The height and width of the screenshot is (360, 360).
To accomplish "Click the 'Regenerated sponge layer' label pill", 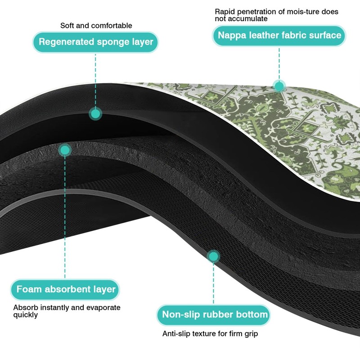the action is click(95, 42).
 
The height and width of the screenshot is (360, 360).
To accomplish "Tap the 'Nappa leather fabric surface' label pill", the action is click(279, 36).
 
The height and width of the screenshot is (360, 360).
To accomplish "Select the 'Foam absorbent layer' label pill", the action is click(65, 289).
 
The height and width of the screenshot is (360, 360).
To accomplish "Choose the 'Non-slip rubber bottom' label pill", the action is click(213, 315).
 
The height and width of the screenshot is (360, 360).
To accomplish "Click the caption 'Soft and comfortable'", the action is click(96, 26).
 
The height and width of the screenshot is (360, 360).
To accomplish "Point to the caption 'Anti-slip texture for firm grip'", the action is click(210, 333).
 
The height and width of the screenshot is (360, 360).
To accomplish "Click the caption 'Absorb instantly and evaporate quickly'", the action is click(67, 311).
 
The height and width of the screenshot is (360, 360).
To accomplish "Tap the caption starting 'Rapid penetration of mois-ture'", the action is click(276, 15).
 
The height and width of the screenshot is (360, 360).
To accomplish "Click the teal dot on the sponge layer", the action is click(95, 114).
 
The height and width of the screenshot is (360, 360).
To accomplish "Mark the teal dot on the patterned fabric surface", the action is click(279, 86).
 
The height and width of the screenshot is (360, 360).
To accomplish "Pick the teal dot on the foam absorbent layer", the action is click(65, 150).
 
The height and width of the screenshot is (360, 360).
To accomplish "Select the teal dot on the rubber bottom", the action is click(213, 256).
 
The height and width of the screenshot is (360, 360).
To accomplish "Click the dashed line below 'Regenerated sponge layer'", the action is click(95, 80).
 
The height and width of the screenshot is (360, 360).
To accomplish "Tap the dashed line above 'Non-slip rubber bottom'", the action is click(213, 283).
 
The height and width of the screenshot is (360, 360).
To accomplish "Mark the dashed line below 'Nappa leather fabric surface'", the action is click(279, 63).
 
